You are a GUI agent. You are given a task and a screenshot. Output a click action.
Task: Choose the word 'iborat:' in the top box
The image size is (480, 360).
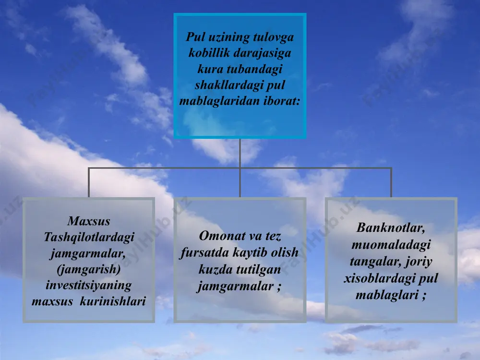pos(282,101)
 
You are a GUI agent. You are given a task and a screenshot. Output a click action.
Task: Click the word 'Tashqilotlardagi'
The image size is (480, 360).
pos(89,237)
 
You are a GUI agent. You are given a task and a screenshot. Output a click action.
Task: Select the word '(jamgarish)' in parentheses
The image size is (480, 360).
pos(89,269)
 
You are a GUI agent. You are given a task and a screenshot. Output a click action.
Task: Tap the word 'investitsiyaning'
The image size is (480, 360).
pos(89,285)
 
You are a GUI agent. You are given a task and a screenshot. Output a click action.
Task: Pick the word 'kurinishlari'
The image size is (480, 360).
pos(113,301)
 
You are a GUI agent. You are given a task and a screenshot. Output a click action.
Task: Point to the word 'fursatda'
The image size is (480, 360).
pos(204,253)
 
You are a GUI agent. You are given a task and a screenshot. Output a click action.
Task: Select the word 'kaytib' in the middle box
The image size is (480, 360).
pos(250,253)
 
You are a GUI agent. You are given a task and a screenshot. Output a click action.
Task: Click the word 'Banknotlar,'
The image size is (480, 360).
pos(391,228)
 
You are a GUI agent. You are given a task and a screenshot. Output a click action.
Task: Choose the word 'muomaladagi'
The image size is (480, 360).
pos(391,245)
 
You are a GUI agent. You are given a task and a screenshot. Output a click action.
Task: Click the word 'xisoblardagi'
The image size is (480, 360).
pos(379,278)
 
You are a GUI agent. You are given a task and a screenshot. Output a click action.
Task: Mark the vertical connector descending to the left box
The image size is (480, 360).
pos(89,182)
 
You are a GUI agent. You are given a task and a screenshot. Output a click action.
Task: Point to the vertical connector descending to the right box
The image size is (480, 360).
pos(391,182)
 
